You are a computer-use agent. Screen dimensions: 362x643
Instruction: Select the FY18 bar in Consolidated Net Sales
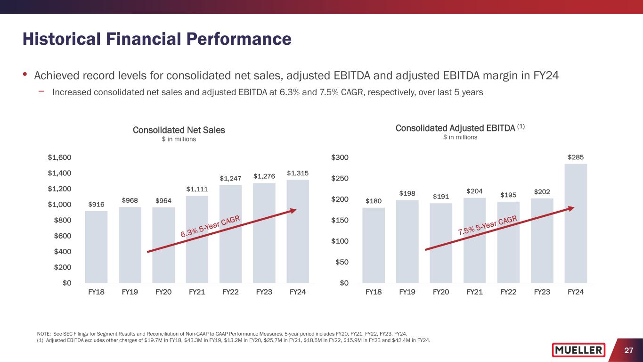click(96, 247)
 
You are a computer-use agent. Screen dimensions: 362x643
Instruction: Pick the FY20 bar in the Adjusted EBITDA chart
click(441, 243)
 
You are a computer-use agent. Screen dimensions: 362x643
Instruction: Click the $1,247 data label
click(230, 179)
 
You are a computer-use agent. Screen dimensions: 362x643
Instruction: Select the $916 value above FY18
click(96, 204)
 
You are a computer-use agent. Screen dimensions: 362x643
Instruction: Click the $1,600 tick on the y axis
click(59, 157)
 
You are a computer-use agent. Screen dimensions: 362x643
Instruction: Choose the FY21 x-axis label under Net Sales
click(197, 292)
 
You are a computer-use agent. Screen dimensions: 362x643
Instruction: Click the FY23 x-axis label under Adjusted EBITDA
click(542, 292)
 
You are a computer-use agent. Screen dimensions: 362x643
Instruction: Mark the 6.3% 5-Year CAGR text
click(211, 227)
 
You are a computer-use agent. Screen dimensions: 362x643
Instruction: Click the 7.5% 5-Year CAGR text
click(488, 225)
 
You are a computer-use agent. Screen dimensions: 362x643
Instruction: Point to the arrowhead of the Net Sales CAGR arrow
click(293, 211)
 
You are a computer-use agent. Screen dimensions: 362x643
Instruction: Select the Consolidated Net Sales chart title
click(179, 130)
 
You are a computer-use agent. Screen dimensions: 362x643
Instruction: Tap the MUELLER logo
click(578, 350)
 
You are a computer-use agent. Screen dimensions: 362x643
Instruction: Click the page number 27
click(628, 350)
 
